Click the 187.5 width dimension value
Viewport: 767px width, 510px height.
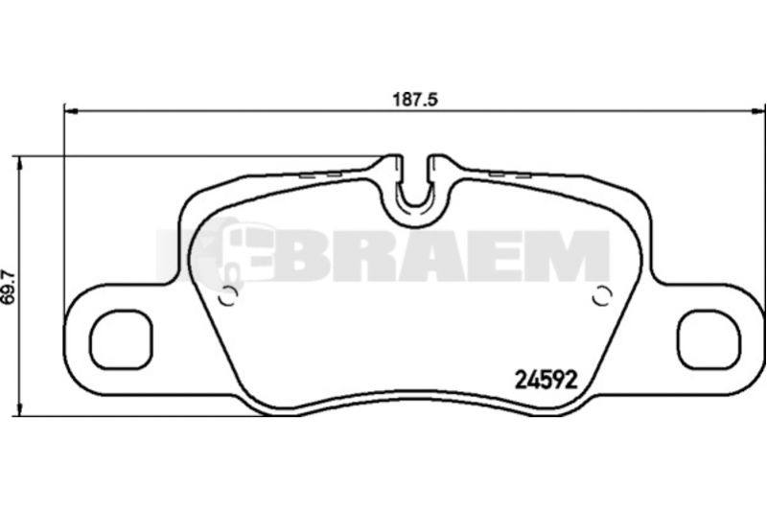click(x=415, y=100)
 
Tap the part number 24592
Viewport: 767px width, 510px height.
click(x=546, y=380)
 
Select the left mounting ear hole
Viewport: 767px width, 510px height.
click(x=121, y=339)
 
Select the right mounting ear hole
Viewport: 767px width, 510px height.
click(x=709, y=339)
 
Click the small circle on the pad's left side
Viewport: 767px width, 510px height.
click(x=228, y=296)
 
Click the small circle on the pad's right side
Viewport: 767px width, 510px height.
click(x=602, y=296)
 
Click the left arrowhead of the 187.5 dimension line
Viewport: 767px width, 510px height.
click(x=71, y=112)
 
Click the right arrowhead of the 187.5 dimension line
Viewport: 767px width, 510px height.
click(x=758, y=112)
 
